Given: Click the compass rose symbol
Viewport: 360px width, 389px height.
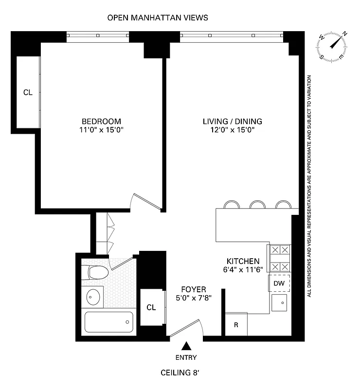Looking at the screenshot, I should (334, 46).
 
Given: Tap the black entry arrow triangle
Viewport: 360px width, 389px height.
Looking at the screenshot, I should (186, 347).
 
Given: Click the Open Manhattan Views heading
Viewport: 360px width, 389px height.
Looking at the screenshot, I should (158, 18).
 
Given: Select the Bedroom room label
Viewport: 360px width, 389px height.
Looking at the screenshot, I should (101, 121).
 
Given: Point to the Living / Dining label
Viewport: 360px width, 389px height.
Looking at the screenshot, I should (232, 121).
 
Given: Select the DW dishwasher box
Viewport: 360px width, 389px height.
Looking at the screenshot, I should (279, 283).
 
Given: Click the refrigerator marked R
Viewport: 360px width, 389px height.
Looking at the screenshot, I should (236, 324).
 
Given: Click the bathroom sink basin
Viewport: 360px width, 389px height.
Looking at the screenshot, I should (92, 296).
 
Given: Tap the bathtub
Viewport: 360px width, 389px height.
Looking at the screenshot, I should (109, 321).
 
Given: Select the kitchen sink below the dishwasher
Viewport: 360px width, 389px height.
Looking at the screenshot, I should (280, 303).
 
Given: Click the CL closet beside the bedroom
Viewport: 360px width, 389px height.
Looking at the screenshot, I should (28, 92).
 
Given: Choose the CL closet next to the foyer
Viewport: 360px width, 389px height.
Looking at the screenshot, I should (151, 307).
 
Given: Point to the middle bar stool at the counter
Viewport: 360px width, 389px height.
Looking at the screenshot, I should (256, 205).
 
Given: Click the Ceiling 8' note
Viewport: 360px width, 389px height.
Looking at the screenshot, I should (180, 373).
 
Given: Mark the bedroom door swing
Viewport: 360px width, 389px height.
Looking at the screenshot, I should (147, 200).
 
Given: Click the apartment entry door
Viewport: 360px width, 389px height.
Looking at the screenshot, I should (186, 328).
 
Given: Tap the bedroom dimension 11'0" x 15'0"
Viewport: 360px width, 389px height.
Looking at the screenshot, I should (101, 130).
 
